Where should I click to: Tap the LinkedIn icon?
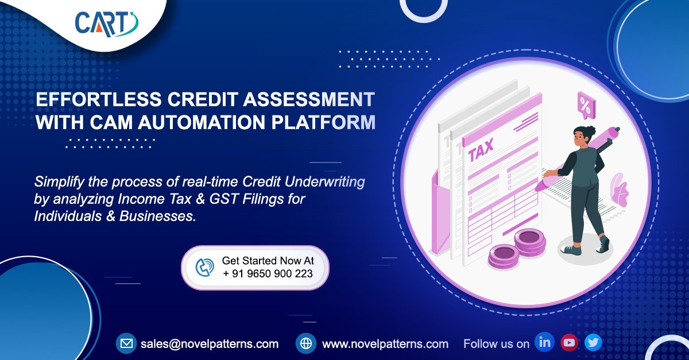point(544,343)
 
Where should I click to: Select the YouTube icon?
point(569,343)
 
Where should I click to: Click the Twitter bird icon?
point(593,343)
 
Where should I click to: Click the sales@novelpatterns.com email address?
point(210,344)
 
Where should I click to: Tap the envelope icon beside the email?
point(125,344)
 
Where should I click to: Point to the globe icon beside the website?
point(306,344)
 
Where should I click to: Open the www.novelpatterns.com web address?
point(385,344)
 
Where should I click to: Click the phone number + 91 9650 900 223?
point(268,274)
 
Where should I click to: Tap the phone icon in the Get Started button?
point(204,267)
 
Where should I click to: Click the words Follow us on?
point(496,344)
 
